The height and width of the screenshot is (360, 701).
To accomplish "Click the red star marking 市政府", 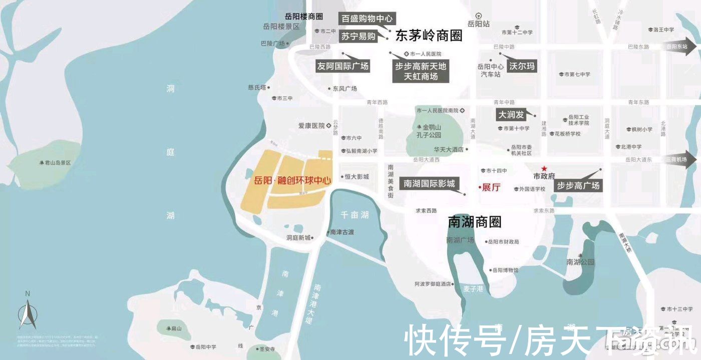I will point(544,168).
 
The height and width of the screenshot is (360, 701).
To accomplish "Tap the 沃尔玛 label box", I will point(522,66).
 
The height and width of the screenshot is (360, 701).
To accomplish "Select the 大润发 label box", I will point(511,115).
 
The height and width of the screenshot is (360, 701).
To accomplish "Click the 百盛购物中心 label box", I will point(367,19).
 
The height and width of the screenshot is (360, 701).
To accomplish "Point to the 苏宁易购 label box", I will point(358,36).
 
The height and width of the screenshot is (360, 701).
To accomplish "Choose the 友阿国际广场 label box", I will point(343,66).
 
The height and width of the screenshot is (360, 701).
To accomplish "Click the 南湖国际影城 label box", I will point(429,184).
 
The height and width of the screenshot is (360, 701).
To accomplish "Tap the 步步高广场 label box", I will point(578,186).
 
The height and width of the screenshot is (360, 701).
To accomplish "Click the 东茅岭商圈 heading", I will point(429,36).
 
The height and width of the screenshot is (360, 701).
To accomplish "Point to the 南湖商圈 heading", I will point(475,222).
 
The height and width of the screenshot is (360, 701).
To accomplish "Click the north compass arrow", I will point(28,313).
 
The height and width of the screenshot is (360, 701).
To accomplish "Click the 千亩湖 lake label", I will point(355,215).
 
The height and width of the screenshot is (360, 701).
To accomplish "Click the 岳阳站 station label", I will point(478,24).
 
